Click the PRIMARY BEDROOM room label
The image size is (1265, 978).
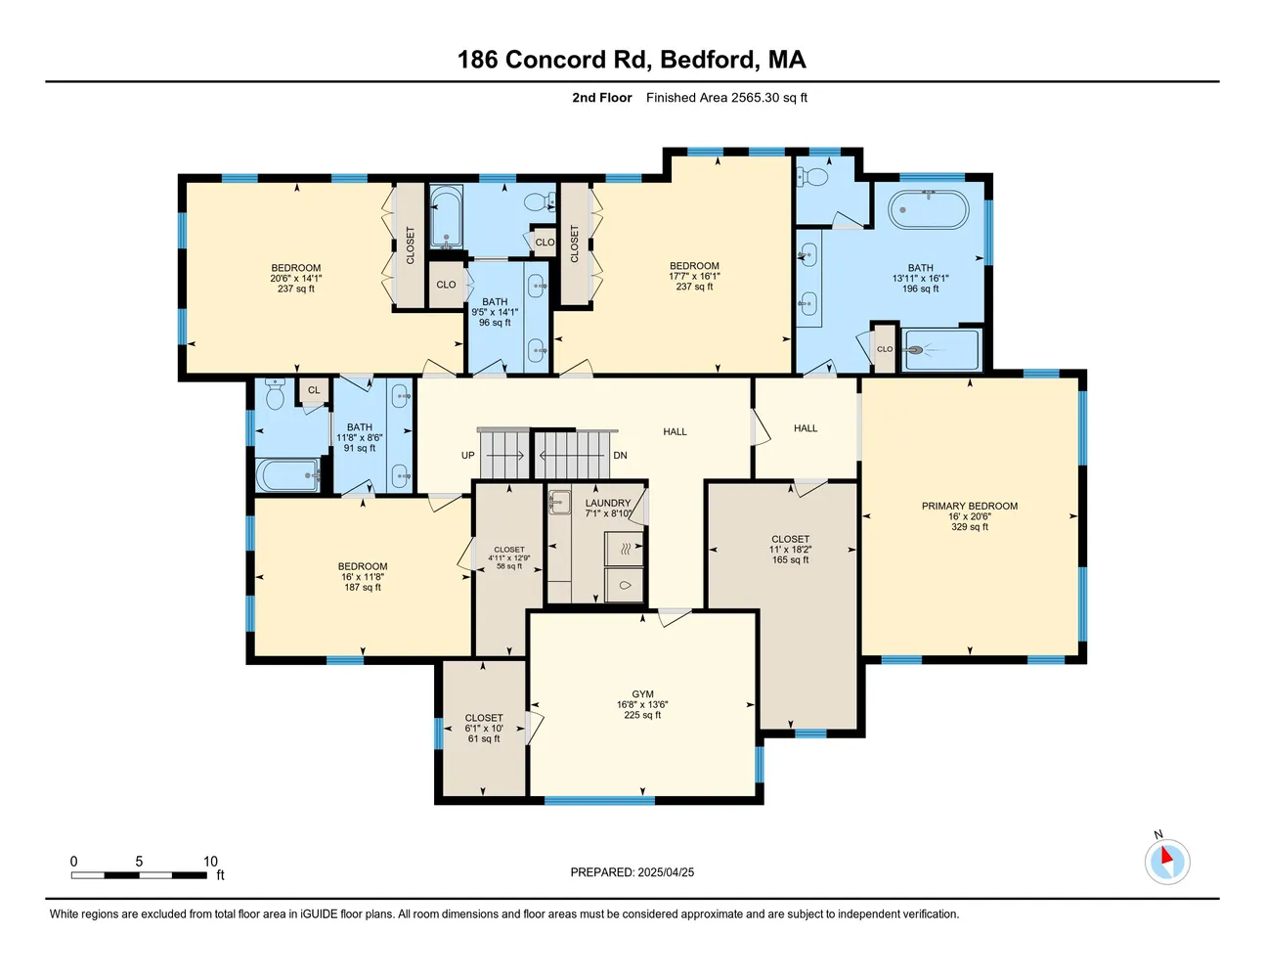click(969, 506)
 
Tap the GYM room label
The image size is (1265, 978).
click(642, 694)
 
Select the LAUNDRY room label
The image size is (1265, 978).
click(608, 503)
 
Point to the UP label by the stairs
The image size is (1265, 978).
click(468, 456)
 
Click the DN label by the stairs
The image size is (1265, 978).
click(620, 456)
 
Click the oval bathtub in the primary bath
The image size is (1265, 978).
click(928, 209)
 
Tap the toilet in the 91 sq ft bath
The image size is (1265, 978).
click(275, 395)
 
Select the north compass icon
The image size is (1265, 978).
click(1166, 862)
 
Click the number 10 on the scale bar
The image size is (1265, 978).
click(210, 862)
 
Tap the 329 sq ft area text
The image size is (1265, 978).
click(969, 527)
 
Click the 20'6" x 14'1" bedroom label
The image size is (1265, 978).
click(295, 279)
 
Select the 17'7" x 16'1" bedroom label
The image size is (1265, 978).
click(694, 277)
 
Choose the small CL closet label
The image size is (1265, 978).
click(314, 390)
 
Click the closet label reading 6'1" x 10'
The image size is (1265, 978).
click(484, 729)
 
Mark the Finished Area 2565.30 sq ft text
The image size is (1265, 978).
click(726, 98)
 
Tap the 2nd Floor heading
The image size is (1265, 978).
click(601, 98)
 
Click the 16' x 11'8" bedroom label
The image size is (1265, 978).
click(363, 577)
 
